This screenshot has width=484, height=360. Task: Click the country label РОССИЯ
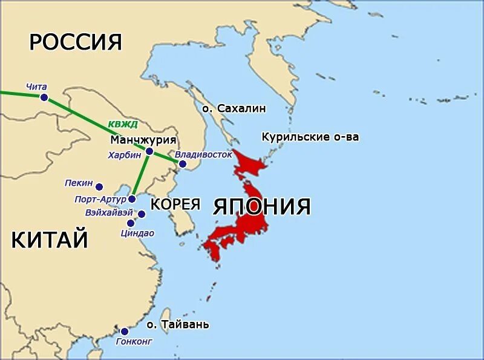76,42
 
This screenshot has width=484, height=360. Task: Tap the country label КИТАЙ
50,240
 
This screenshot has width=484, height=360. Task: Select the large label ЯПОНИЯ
262,206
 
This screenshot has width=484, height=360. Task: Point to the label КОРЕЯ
175,204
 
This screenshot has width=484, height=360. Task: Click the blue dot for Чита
44,97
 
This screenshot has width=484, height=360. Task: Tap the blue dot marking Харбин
149,151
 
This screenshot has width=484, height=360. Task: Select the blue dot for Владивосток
182,163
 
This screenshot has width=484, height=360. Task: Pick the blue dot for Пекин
99,187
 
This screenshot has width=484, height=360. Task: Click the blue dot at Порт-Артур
132,199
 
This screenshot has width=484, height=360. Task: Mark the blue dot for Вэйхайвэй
142,214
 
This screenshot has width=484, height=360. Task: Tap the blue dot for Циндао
131,223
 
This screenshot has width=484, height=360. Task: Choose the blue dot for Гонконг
124,331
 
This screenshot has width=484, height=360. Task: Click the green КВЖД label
123,125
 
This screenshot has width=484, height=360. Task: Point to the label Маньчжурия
143,140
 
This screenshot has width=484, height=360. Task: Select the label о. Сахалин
234,108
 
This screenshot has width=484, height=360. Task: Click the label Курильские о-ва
310,137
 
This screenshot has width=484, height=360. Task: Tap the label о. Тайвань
178,324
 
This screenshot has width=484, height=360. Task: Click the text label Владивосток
204,154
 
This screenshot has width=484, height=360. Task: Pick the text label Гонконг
134,341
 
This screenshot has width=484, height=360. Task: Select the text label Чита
36,87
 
